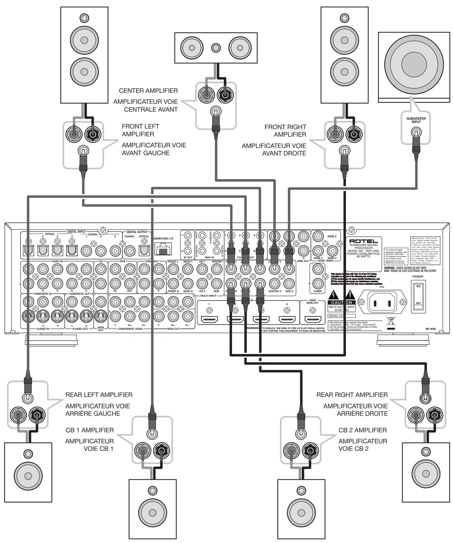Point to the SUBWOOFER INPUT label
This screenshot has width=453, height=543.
tap(416, 120)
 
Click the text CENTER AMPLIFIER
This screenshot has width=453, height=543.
tap(148, 91)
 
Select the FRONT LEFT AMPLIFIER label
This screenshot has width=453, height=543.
tap(141, 130)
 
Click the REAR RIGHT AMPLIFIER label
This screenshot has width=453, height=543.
tap(352, 395)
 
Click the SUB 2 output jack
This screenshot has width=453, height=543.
tap(289, 284)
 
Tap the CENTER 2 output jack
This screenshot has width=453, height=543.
tap(275, 284)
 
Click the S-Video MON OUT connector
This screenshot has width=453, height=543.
tap(101, 315)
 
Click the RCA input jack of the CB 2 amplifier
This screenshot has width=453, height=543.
tap(299, 433)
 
